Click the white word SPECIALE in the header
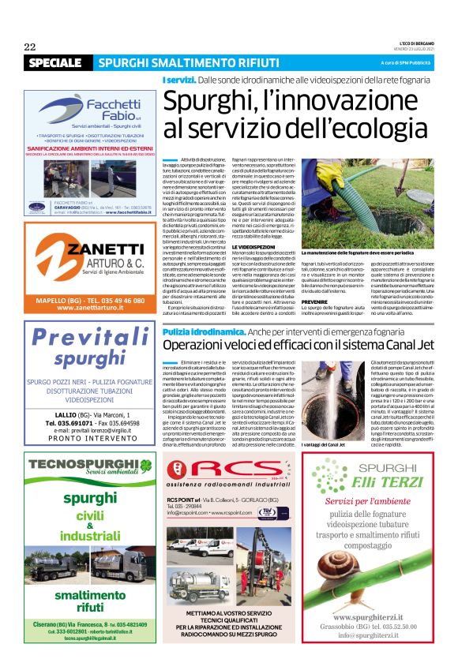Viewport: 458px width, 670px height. (54, 62)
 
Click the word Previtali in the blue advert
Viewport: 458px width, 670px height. (91, 338)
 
